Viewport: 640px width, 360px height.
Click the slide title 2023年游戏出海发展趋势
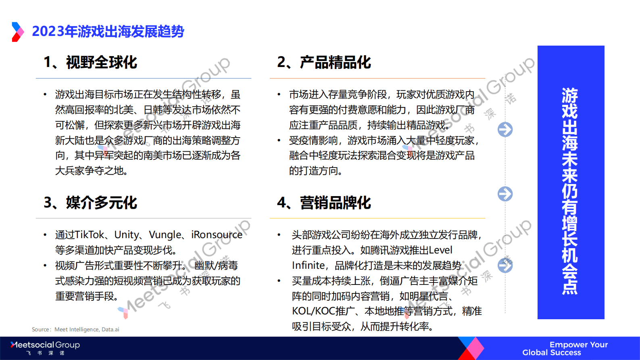(108, 31)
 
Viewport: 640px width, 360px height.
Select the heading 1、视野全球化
(90, 63)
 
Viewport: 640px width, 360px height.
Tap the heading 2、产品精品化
(324, 63)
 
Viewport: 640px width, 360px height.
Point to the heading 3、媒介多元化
(90, 203)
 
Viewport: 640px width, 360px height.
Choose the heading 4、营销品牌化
(324, 203)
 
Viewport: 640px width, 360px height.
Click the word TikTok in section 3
(90, 235)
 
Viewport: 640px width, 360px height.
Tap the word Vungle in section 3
(165, 235)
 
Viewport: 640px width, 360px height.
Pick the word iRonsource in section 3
(217, 235)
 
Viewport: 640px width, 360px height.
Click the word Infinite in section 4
(309, 266)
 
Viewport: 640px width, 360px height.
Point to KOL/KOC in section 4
(314, 311)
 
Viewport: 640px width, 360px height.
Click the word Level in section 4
(440, 250)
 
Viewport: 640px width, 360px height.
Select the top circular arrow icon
(505, 130)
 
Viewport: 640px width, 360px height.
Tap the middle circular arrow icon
(505, 194)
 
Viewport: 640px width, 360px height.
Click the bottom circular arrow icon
(505, 266)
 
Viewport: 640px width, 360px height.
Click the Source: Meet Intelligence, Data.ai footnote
(75, 329)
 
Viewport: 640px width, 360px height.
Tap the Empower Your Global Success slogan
(565, 348)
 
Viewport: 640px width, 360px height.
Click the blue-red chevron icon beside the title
(18, 32)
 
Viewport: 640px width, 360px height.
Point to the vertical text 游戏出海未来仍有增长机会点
(570, 190)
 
